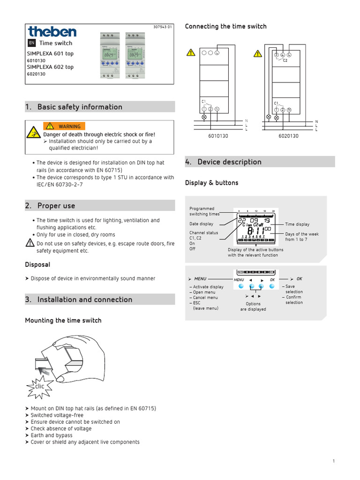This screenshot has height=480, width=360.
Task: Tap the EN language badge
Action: (x=31, y=43)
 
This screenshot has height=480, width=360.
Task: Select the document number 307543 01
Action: (x=163, y=27)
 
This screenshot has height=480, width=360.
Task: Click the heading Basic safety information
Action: (x=80, y=107)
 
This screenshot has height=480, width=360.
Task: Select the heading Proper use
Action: (x=56, y=206)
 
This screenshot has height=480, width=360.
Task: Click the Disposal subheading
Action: (x=37, y=265)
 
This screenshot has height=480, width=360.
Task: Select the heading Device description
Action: (x=229, y=162)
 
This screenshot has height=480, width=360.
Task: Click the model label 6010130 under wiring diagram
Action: (x=218, y=136)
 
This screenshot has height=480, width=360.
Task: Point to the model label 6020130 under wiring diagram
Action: (x=288, y=136)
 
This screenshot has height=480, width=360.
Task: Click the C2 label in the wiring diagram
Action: (x=285, y=60)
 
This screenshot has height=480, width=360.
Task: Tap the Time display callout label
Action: (x=297, y=225)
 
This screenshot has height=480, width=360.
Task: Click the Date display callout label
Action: (x=201, y=224)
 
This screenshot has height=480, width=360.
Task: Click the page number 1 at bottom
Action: (x=334, y=462)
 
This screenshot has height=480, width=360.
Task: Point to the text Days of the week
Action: (x=301, y=234)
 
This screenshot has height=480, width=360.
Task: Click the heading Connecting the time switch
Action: (x=225, y=26)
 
